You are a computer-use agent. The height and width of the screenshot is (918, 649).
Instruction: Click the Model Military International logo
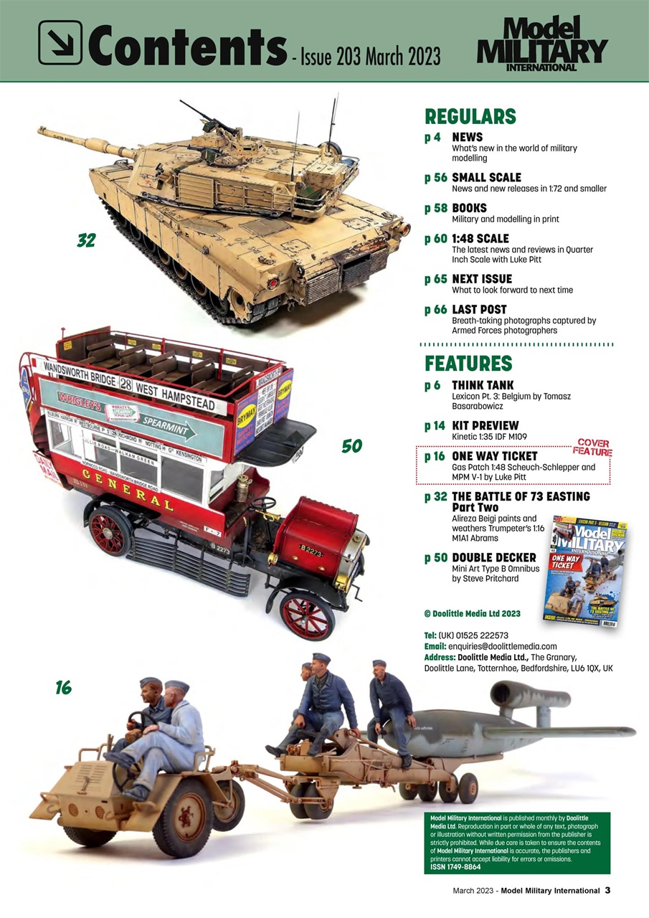point(541,44)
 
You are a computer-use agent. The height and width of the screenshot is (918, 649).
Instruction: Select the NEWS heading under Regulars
point(467,137)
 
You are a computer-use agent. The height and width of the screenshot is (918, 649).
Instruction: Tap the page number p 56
point(435,178)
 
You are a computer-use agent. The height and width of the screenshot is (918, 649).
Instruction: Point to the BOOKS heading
point(469,208)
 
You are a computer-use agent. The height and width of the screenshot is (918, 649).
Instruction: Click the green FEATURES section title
point(468,363)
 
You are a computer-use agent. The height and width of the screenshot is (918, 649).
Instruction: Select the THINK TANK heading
point(483,385)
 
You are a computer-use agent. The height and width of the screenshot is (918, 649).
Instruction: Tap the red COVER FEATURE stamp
point(592,448)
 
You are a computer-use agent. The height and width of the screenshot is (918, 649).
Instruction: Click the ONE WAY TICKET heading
point(495,455)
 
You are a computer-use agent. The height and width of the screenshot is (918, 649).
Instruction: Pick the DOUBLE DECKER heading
point(493,557)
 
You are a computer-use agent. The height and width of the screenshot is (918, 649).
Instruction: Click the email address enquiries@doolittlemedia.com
point(498,646)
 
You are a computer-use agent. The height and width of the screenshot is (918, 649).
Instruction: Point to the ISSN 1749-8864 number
point(455,867)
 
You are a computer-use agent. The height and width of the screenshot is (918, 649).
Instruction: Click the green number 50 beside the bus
point(351,447)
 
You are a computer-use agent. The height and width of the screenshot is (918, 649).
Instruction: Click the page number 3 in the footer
point(607,891)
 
